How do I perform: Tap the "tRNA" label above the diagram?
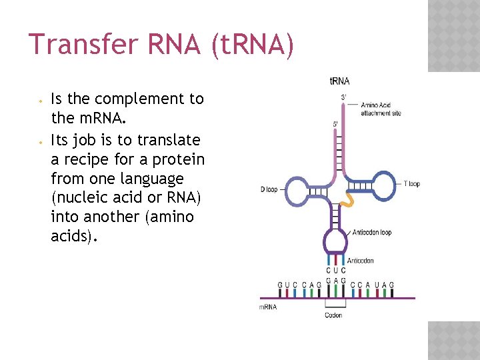[x=339, y=81]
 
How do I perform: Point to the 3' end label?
[x=344, y=97]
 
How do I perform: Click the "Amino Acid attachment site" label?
[x=381, y=109]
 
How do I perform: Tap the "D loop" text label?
[x=269, y=189]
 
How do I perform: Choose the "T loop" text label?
[x=412, y=183]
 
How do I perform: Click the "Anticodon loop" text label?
[x=372, y=233]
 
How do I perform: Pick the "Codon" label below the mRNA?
[x=333, y=315]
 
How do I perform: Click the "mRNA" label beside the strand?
[x=267, y=307]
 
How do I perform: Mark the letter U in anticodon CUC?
[x=336, y=271]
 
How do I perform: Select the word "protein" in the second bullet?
[x=179, y=159]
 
